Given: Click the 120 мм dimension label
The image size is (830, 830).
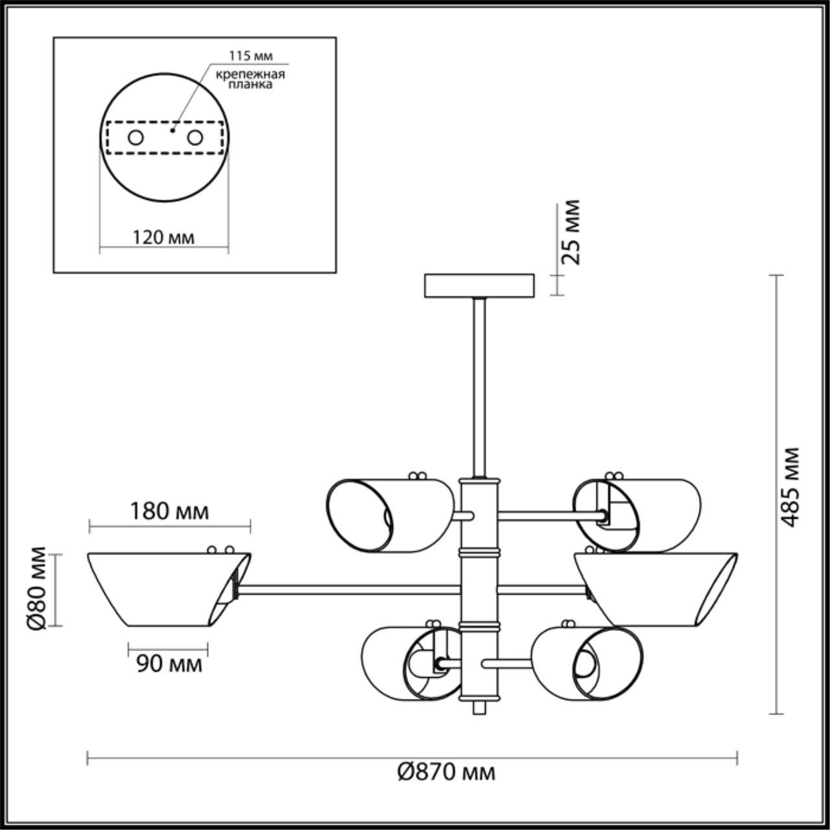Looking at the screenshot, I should click(163, 237).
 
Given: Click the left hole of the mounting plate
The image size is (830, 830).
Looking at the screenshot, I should click(136, 137).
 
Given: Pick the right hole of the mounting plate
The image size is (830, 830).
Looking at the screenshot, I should click(194, 137).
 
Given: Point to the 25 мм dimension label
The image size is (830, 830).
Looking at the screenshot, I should click(571, 231).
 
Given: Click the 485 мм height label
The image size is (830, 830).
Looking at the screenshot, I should click(790, 486).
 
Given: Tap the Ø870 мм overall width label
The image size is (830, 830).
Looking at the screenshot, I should click(445, 772).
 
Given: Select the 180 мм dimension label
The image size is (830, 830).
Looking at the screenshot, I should click(169, 512).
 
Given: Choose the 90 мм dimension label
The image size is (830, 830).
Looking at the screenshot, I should click(169, 663).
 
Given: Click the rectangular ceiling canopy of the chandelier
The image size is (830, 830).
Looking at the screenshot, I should click(479, 285).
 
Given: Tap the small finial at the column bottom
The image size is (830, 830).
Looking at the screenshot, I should click(479, 707).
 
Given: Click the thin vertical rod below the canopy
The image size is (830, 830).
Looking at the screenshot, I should click(479, 389).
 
